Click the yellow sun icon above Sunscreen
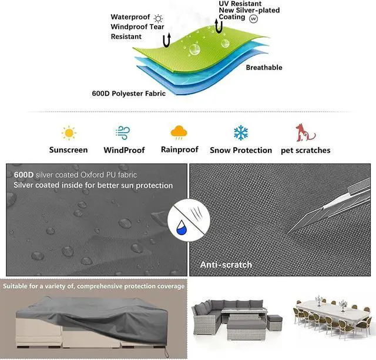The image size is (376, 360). click(69, 132)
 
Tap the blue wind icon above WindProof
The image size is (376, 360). click(123, 132)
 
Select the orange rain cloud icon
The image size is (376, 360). click(179, 132)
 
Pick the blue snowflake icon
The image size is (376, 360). click(241, 132)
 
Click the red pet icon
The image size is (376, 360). click(305, 132)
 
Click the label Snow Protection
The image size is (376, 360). click(241, 150)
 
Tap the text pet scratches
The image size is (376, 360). click(305, 150)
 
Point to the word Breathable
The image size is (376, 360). click(264, 68)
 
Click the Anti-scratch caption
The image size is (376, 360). click(226, 265)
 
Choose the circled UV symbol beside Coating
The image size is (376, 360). click(254, 19)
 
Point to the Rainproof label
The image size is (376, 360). click(180, 149)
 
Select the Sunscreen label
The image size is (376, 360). click(69, 150)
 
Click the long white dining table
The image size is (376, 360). click(332, 312)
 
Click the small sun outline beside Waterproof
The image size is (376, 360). click(158, 18)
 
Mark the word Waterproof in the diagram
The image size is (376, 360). click(130, 18)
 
